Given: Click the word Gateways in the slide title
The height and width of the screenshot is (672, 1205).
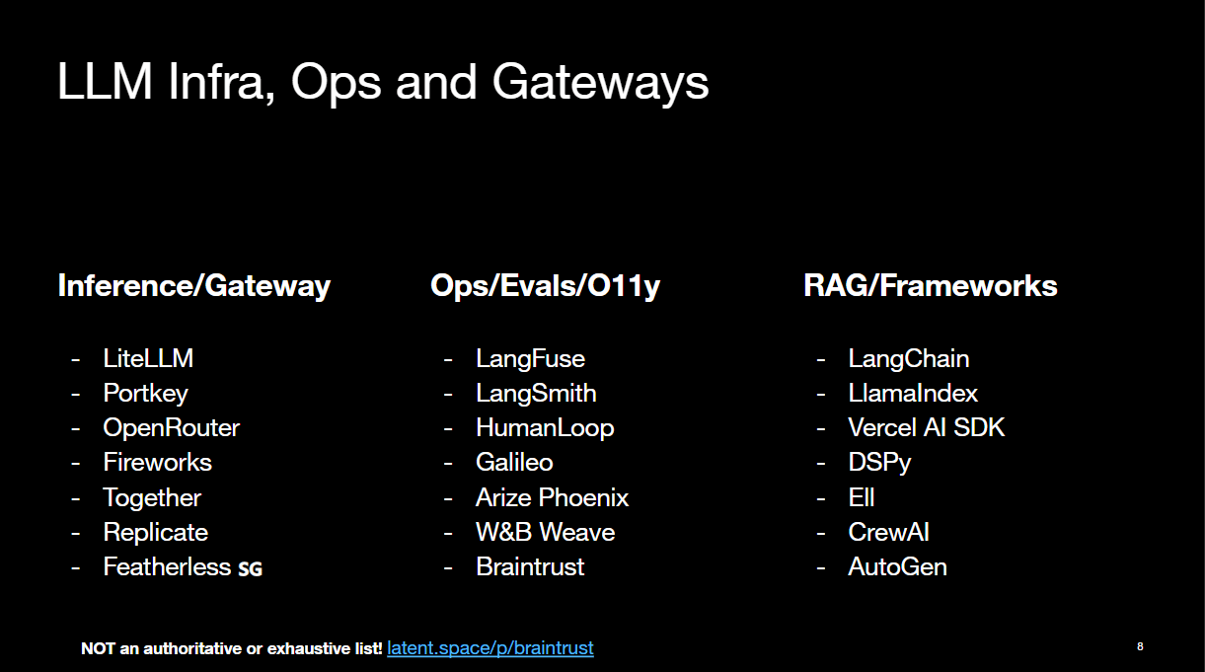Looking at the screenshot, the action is point(600,84).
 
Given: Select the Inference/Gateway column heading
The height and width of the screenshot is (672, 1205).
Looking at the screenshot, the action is point(194,286).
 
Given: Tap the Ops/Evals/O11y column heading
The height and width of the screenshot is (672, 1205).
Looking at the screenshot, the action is point(545,286).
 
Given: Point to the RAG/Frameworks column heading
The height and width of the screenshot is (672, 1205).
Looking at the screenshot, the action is point(930,286).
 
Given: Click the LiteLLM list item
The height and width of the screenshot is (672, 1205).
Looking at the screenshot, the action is point(148,359).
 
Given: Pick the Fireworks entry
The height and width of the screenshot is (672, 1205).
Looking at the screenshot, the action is point(157,463).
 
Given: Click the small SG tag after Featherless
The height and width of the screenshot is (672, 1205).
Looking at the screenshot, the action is point(250,568).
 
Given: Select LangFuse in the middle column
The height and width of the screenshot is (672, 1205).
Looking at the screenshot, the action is point(530,359).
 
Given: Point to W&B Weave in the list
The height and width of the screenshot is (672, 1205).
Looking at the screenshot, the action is point(545,533).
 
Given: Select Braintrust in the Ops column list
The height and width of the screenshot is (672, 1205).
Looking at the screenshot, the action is point(530,567).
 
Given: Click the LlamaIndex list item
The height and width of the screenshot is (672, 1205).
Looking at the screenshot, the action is point(913,394).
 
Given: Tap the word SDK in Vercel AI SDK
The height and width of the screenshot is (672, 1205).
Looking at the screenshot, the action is point(979,428).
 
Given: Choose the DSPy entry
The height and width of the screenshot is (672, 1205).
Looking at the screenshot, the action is point(879,463).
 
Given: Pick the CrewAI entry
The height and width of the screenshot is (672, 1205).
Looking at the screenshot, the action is point(888,533).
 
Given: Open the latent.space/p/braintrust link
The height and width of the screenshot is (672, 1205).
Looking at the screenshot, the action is point(490,648).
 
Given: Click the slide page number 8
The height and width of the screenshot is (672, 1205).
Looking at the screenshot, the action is point(1140,646).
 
